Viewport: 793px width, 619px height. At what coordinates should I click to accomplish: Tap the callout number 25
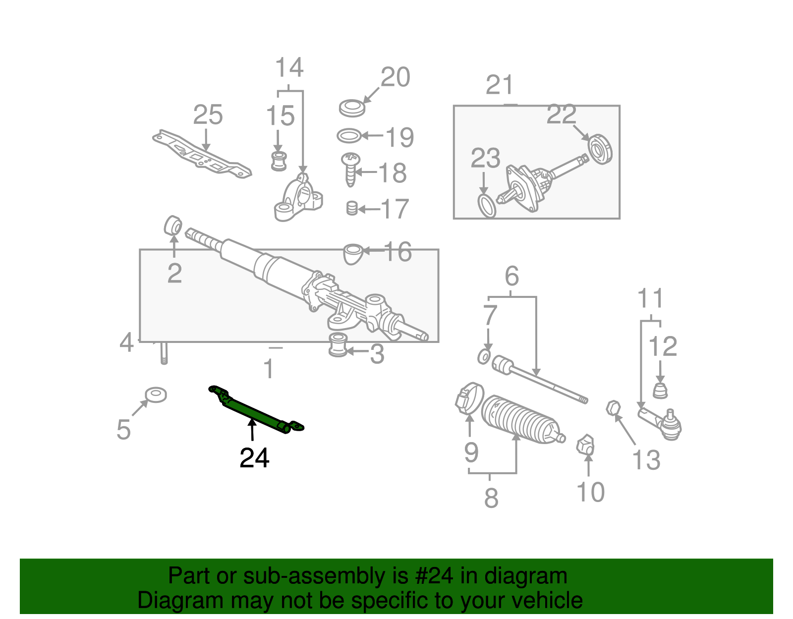[208, 115]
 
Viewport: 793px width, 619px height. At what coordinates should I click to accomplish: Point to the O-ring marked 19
[349, 135]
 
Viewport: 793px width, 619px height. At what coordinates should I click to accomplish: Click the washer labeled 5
[156, 395]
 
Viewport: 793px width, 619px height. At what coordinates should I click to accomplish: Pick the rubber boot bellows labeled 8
[520, 419]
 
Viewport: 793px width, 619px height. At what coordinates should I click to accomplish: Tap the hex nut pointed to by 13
[613, 407]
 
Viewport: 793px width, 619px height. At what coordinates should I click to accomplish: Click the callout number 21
[499, 85]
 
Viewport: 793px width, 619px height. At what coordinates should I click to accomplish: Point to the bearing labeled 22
[600, 149]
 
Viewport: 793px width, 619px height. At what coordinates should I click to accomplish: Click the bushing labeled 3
[338, 345]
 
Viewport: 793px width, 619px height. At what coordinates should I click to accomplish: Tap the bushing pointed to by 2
[172, 225]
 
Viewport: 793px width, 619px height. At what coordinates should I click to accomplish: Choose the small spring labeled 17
[351, 208]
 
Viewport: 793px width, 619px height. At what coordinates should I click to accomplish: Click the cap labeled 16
[352, 253]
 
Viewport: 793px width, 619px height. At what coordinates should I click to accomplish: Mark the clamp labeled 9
[469, 399]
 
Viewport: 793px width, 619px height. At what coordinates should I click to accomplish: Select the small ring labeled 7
[484, 356]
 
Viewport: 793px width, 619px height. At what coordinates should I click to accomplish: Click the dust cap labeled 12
[660, 390]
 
